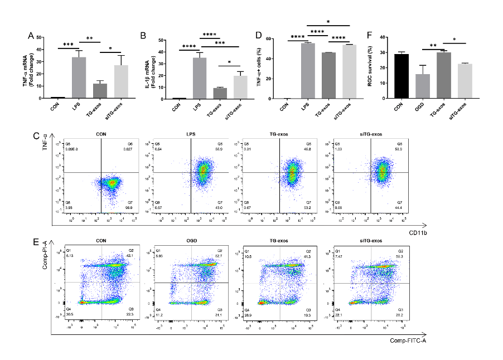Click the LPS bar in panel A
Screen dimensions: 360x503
click(79, 77)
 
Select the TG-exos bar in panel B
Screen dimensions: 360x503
click(220, 93)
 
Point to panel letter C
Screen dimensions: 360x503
click(36, 136)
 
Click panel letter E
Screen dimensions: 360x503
click(36, 243)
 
